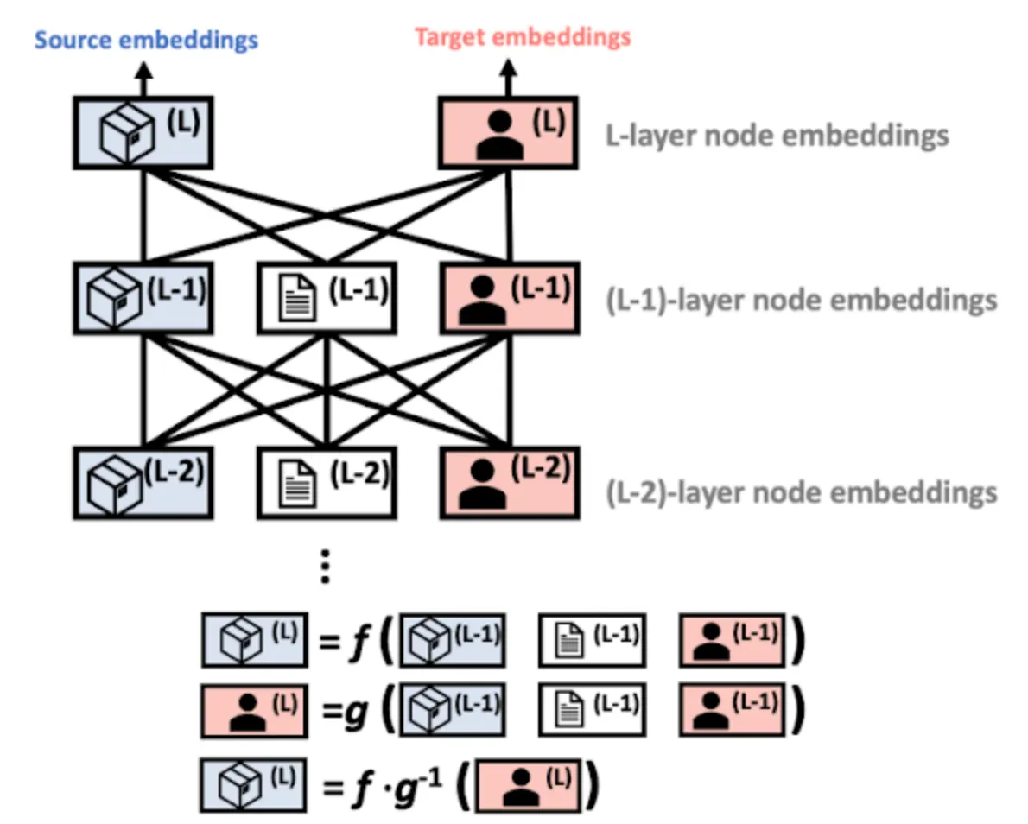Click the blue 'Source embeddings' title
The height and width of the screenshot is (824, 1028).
pyautogui.click(x=146, y=40)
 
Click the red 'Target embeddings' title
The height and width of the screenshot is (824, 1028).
pyautogui.click(x=523, y=37)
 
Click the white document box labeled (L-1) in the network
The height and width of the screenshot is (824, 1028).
pyautogui.click(x=326, y=297)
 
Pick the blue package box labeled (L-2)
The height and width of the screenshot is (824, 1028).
pyautogui.click(x=143, y=482)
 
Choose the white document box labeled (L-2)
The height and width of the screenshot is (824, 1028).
pyautogui.click(x=326, y=482)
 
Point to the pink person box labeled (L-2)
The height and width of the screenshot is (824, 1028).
pyautogui.click(x=508, y=482)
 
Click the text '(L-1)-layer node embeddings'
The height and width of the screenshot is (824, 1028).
pyautogui.click(x=803, y=300)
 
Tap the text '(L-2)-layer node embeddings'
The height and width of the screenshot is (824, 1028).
pyautogui.click(x=803, y=491)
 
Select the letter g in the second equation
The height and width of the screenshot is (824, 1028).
pyautogui.click(x=354, y=710)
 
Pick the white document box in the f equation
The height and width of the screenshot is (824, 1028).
pyautogui.click(x=592, y=641)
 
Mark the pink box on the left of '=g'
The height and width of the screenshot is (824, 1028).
pyautogui.click(x=252, y=711)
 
